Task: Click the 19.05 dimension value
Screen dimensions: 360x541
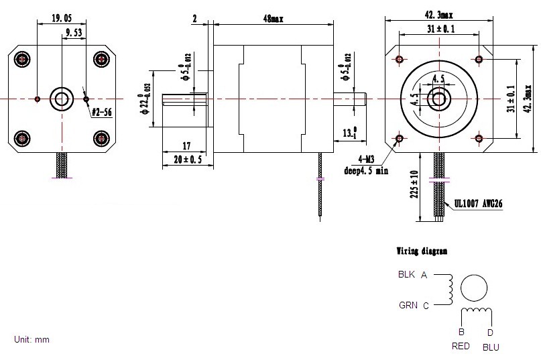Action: tap(62, 19)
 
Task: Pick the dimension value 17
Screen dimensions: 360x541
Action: tap(186, 145)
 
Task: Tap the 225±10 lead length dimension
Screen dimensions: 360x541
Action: tap(415, 184)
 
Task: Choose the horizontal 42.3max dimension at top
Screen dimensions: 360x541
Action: tap(438, 13)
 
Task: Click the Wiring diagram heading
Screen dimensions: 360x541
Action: tap(422, 251)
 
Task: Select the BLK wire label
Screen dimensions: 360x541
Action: tap(407, 274)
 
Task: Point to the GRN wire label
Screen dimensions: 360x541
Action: tap(408, 306)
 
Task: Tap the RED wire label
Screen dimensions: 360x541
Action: tap(461, 346)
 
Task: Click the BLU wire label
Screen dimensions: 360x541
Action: tap(491, 347)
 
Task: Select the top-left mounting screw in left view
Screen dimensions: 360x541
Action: tap(23, 60)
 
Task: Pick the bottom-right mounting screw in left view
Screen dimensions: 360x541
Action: tap(101, 138)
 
